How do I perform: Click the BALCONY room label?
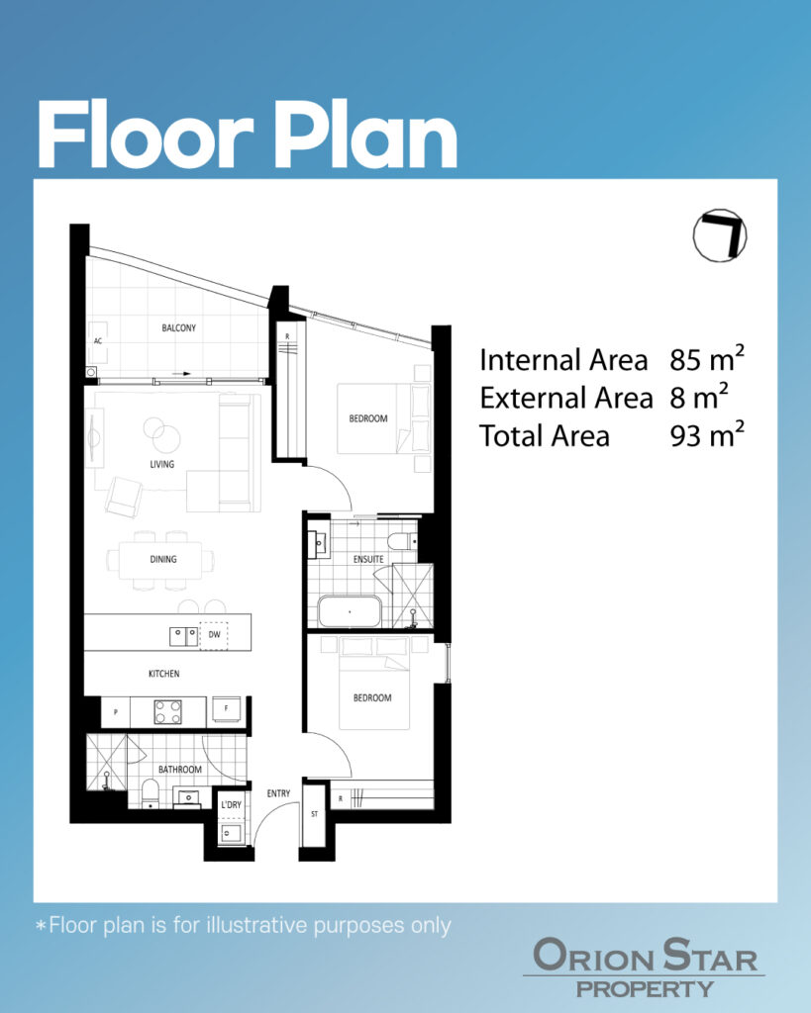[178, 328]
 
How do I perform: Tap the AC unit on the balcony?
[98, 341]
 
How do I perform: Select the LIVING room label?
[161, 464]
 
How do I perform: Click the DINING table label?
[163, 559]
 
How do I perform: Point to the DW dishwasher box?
[214, 635]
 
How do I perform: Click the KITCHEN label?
[164, 673]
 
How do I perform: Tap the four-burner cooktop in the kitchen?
[167, 712]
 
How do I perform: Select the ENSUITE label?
[368, 559]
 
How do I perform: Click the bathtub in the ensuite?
[350, 611]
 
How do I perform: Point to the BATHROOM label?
[180, 770]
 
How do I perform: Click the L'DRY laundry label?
[231, 805]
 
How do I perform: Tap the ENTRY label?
[278, 793]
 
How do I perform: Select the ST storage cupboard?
[314, 814]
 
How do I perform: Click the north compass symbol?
[720, 235]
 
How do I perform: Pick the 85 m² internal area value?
[707, 359]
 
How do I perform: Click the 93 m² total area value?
[707, 435]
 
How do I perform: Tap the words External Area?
[565, 398]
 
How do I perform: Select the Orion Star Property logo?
[645, 967]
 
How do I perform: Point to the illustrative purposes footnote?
[244, 925]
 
